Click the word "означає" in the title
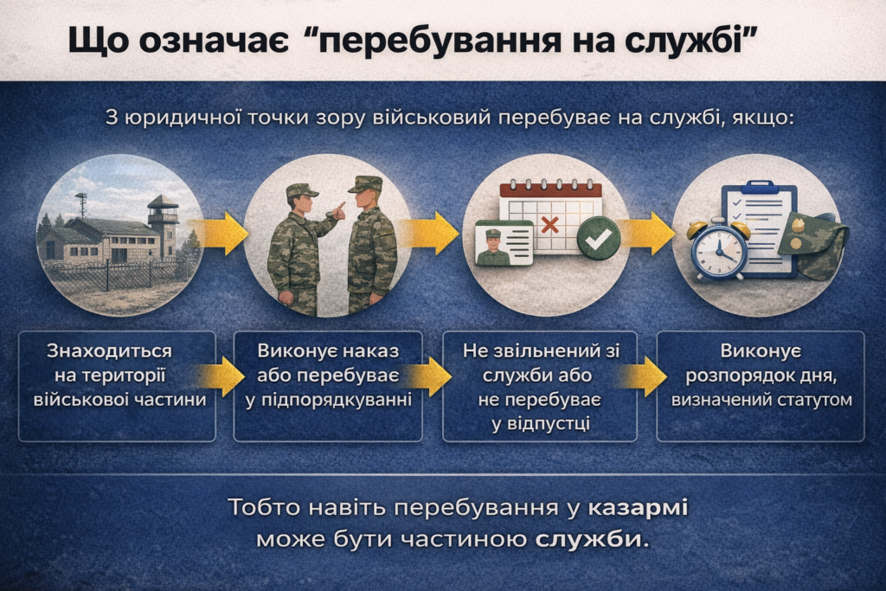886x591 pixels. click(x=215, y=40)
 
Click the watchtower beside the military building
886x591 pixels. click(x=164, y=225)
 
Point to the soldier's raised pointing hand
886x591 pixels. click(x=338, y=210)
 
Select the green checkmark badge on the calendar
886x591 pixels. click(x=599, y=239)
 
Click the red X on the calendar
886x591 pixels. click(x=549, y=225)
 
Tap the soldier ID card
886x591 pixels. click(x=504, y=243)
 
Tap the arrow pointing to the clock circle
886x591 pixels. click(x=648, y=234)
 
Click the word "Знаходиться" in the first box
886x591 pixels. click(x=109, y=350)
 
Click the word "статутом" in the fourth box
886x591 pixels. click(x=814, y=400)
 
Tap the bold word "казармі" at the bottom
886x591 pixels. click(x=638, y=507)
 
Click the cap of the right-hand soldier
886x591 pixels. click(x=364, y=184)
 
